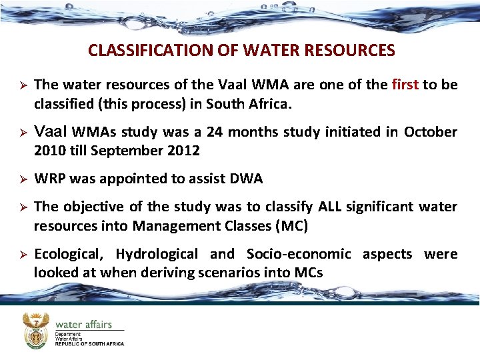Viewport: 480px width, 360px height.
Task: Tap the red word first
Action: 405,85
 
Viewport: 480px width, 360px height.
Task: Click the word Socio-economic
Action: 298,254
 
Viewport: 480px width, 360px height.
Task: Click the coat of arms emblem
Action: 36,331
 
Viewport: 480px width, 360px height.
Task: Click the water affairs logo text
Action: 84,325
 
